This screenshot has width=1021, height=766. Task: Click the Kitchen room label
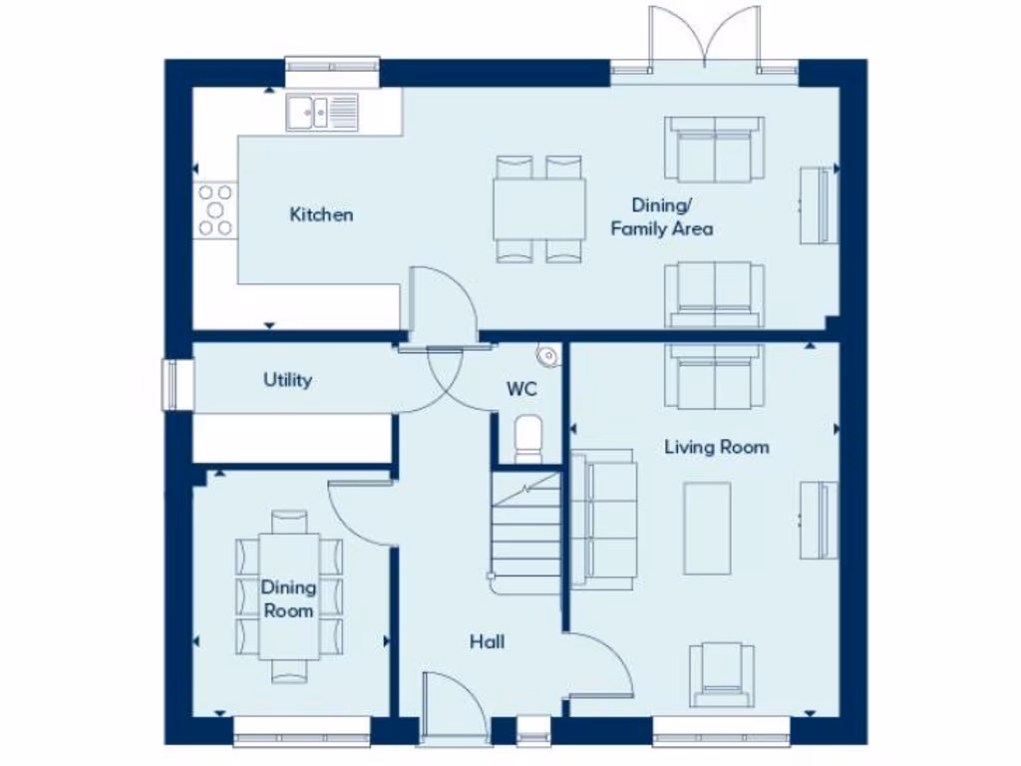click(x=321, y=214)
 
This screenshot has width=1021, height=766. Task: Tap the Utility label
click(x=287, y=380)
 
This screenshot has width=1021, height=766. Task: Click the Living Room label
click(x=716, y=447)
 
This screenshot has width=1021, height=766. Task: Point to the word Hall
click(x=487, y=641)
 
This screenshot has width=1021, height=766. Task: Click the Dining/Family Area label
click(x=661, y=217)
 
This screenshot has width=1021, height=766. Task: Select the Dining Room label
click(x=288, y=598)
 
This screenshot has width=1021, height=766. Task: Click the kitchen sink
click(x=322, y=112)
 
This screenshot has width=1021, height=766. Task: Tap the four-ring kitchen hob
click(x=214, y=210)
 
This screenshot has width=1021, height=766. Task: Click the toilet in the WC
click(x=527, y=439)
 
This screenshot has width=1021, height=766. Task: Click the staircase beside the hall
click(x=525, y=534)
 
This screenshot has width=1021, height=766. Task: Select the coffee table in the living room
click(x=707, y=529)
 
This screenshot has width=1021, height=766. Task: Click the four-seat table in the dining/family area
click(x=538, y=209)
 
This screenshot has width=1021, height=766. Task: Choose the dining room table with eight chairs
click(x=289, y=596)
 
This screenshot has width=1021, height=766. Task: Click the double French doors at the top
click(x=704, y=40)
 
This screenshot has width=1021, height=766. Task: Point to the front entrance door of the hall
click(x=454, y=708)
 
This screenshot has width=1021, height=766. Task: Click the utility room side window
click(x=178, y=384)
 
